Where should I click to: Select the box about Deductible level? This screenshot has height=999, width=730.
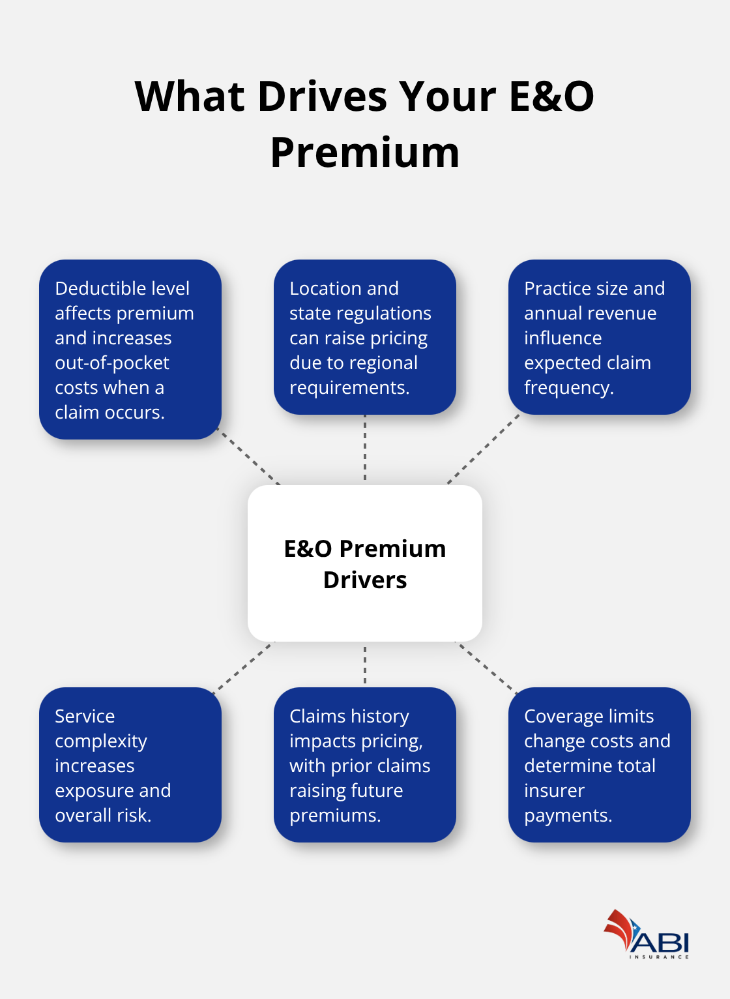click(x=130, y=350)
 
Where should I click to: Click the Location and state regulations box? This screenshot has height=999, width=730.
click(x=365, y=337)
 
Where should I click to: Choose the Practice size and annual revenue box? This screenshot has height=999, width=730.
click(x=599, y=337)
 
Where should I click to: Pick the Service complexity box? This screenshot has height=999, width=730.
click(x=130, y=765)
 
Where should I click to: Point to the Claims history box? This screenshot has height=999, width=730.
click(x=365, y=765)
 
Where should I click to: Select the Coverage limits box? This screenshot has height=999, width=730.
click(x=599, y=765)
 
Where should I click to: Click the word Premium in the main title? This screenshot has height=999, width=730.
click(x=365, y=153)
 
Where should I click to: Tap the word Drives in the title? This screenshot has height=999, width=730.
click(x=322, y=97)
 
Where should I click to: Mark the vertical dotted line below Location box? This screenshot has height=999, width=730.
click(x=365, y=449)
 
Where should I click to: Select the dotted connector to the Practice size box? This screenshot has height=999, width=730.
click(x=482, y=450)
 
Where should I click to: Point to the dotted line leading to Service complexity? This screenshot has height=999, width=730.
click(x=244, y=665)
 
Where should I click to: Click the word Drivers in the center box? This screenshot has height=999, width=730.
click(x=365, y=580)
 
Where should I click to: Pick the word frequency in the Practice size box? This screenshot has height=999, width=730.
click(x=568, y=388)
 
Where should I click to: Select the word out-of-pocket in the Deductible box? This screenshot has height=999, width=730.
click(x=112, y=363)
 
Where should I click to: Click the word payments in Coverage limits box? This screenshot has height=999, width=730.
click(x=567, y=816)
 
